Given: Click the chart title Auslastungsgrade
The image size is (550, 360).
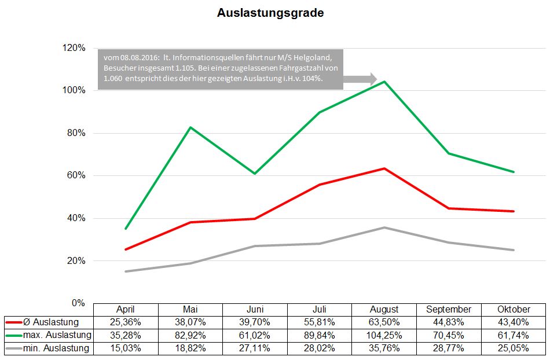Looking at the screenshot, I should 270,13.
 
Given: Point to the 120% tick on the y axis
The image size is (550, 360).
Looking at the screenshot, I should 74,47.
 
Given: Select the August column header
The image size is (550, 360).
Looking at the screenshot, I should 384,309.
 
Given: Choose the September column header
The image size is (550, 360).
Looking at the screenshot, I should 449,309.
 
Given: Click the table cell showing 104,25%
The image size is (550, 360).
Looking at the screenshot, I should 384,335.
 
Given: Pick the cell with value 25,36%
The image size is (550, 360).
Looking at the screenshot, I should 126,322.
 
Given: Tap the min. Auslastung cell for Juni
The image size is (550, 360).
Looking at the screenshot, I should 255,348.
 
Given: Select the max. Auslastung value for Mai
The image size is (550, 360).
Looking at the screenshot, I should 190,335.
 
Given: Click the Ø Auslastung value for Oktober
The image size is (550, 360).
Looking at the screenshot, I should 513,322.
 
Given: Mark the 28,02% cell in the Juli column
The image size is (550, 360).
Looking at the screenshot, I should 320,348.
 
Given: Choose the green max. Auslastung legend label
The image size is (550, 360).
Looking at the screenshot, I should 57,335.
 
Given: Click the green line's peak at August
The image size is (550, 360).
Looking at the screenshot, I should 384,82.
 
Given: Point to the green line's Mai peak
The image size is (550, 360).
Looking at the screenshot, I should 190,127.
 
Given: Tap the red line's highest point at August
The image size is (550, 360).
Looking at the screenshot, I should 384,168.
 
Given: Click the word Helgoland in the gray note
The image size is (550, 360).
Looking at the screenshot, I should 313,58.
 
